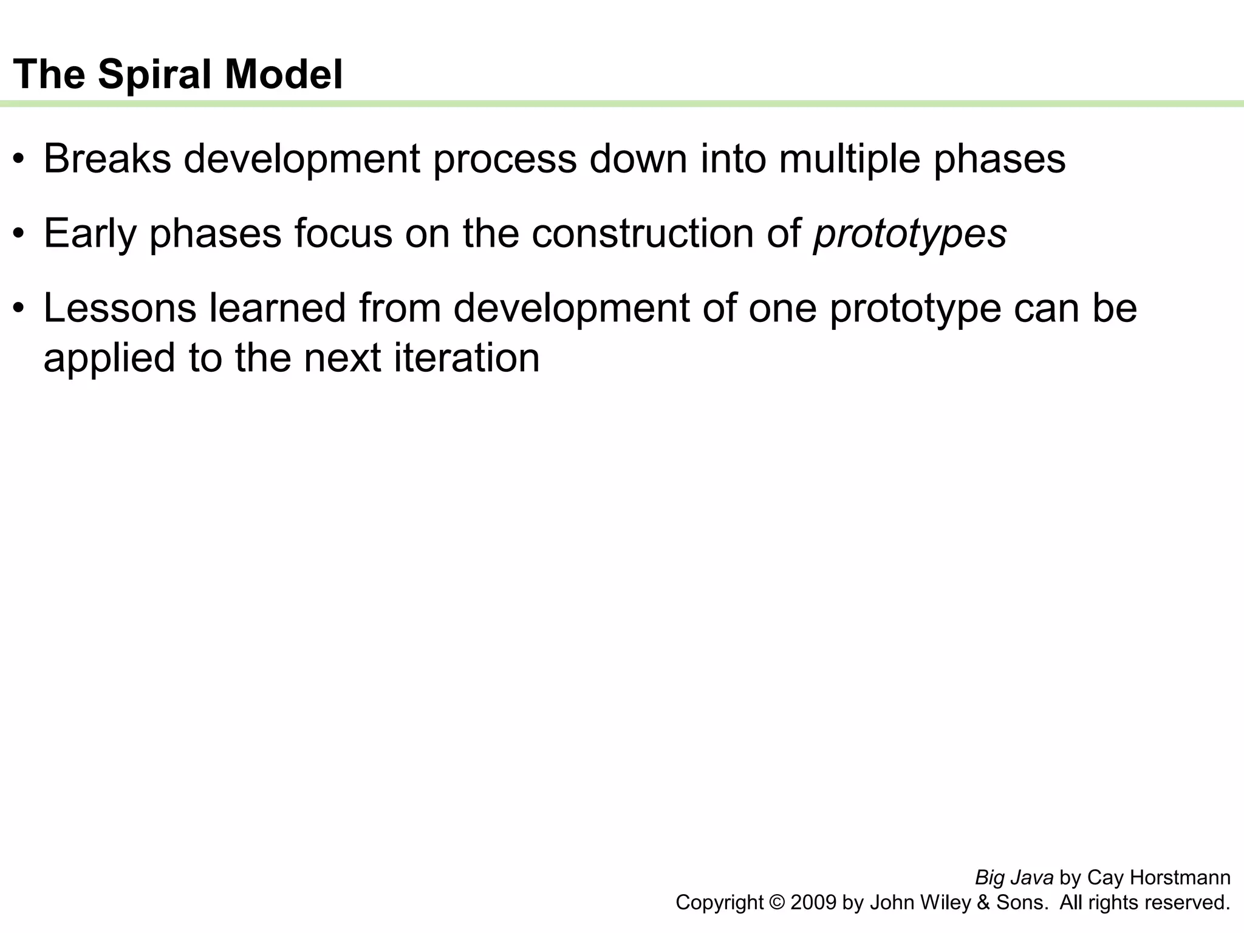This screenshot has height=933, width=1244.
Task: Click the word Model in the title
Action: pos(284,75)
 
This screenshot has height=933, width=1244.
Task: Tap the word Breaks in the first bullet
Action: pos(107,159)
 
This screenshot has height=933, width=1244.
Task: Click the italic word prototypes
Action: pos(910,234)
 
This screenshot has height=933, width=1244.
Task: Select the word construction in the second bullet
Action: pos(642,234)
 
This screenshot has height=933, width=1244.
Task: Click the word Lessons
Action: pos(120,308)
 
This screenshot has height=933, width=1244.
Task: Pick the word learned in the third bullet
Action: pos(278,308)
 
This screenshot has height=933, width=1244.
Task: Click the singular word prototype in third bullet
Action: pos(915,308)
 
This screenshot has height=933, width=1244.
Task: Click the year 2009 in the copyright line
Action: pos(813,903)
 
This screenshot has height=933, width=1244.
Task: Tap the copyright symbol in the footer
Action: pos(777,903)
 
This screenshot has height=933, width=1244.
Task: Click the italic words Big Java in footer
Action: pos(1014,878)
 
